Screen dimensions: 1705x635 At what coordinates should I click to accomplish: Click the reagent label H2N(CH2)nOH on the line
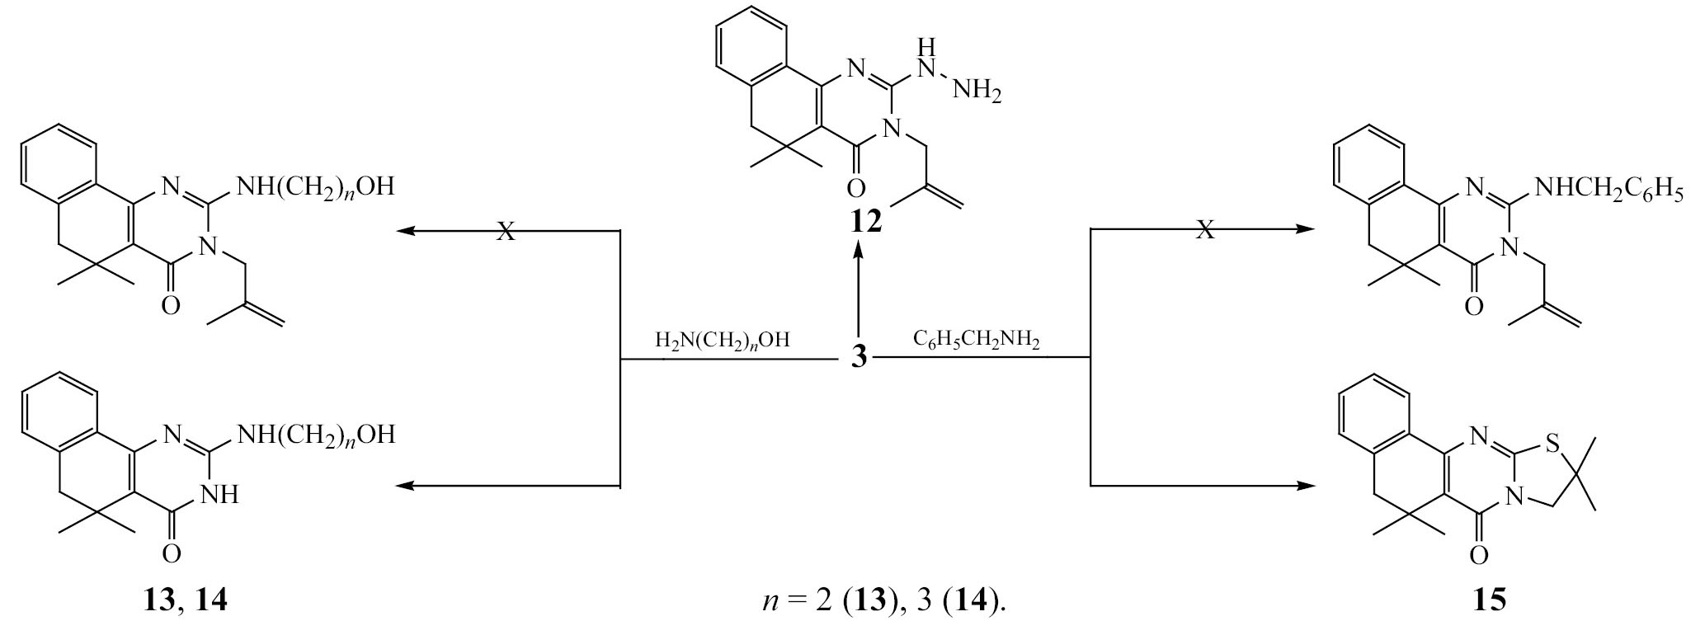723,341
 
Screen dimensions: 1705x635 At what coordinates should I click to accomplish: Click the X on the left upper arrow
506,231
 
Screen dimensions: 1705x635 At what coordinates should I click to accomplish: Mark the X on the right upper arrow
1205,230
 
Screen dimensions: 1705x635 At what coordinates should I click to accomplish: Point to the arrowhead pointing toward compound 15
1305,485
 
